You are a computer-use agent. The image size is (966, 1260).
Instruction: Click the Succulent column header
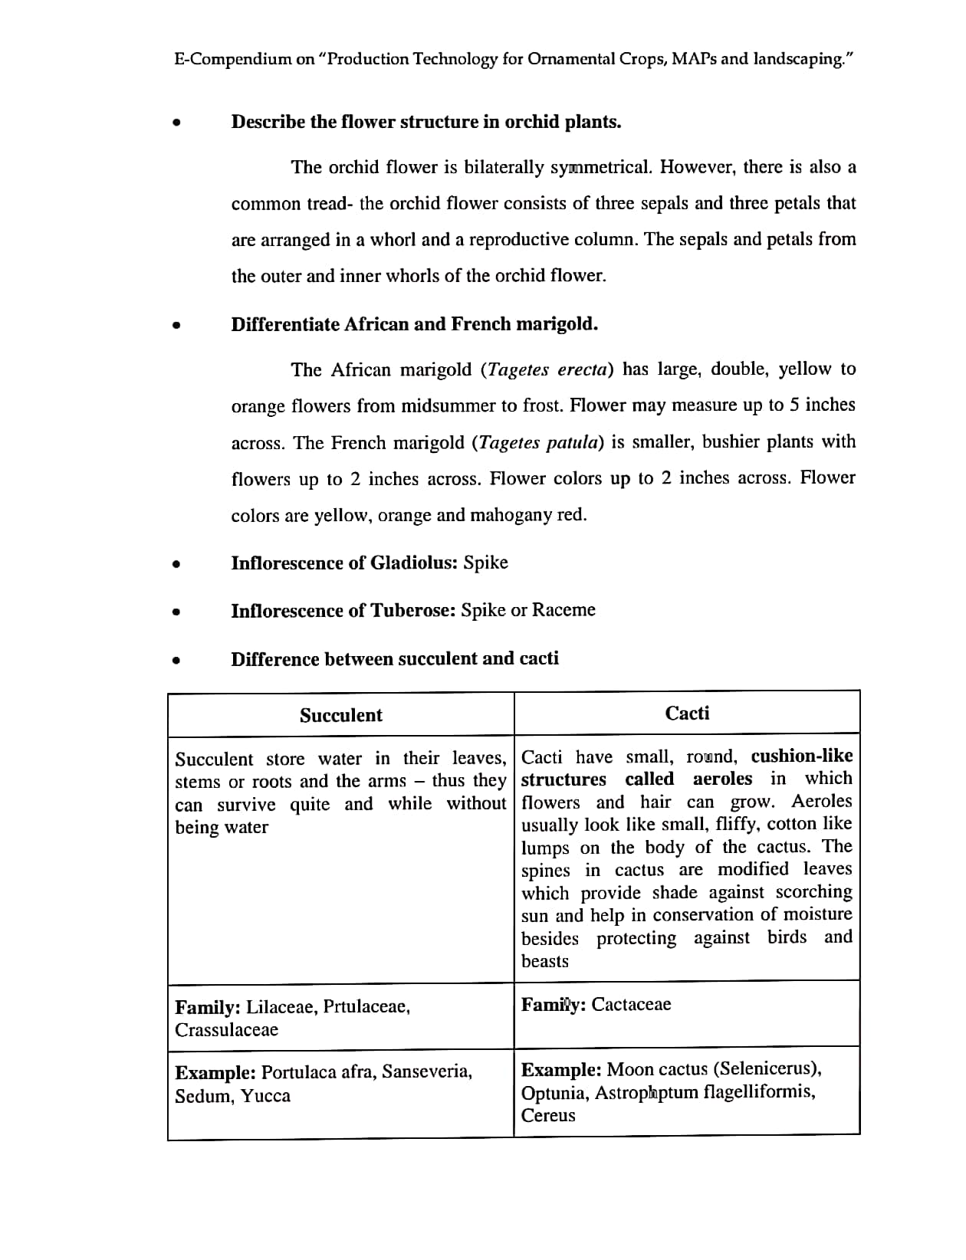coord(340,715)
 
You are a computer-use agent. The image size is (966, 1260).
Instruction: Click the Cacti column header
coord(687,713)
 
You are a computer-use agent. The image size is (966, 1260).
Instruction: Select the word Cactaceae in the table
coord(631,1004)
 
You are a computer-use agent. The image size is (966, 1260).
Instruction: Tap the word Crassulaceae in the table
coord(226,1029)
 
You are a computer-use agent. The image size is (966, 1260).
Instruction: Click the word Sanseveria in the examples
coord(427,1071)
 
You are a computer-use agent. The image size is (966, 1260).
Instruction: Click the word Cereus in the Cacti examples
coord(547,1115)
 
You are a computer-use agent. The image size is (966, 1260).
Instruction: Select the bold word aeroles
coord(722,779)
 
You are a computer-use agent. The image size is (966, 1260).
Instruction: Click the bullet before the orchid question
coord(177,123)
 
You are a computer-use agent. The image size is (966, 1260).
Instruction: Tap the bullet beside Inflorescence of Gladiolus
coord(177,564)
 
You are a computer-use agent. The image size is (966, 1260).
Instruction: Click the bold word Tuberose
coord(413,610)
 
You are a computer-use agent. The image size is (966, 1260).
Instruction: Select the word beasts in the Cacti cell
coord(544,961)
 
